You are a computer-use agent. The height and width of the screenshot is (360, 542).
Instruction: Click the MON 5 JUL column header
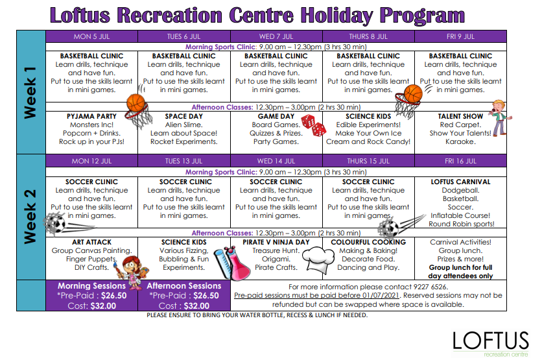91,36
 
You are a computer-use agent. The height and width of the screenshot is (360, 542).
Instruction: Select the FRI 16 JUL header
460,161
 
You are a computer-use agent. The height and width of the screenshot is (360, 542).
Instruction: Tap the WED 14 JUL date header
276,161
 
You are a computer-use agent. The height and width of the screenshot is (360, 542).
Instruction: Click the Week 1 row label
30,93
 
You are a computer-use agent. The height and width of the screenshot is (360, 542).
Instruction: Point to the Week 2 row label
30,217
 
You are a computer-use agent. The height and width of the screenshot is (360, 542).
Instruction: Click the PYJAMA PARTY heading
91,116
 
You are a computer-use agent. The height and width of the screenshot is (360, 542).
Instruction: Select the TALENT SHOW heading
460,116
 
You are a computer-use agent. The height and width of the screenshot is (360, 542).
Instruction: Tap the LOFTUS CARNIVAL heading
460,182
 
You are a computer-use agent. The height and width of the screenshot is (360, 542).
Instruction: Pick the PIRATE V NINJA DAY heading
276,242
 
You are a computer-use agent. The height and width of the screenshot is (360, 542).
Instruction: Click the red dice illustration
314,125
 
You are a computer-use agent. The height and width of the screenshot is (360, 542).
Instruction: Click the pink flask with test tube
232,263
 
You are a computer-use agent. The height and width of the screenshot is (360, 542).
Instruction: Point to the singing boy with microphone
499,117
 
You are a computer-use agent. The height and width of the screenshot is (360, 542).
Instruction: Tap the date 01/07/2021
380,295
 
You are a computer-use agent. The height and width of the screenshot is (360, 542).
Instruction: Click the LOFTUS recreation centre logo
491,344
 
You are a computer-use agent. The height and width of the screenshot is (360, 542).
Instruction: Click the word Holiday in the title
336,16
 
